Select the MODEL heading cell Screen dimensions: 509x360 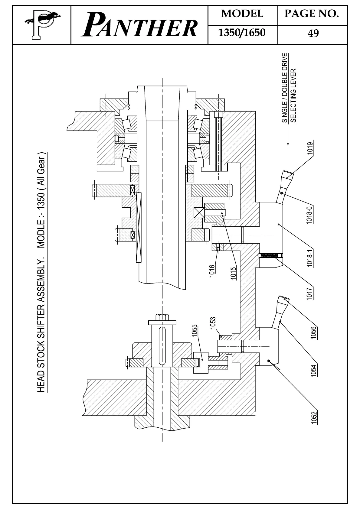tap(242, 14)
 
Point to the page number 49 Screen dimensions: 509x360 tap(313, 33)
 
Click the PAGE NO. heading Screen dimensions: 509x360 tap(312, 14)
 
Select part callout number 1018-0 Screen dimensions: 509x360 tap(309, 214)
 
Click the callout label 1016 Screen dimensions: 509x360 tap(212, 271)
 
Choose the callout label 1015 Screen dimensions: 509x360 tap(233, 273)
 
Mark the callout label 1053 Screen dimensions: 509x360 tap(213, 323)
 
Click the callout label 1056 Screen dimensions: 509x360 tap(314, 333)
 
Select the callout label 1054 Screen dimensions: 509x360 tap(314, 370)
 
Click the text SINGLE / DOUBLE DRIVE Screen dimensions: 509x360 tap(285, 88)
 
